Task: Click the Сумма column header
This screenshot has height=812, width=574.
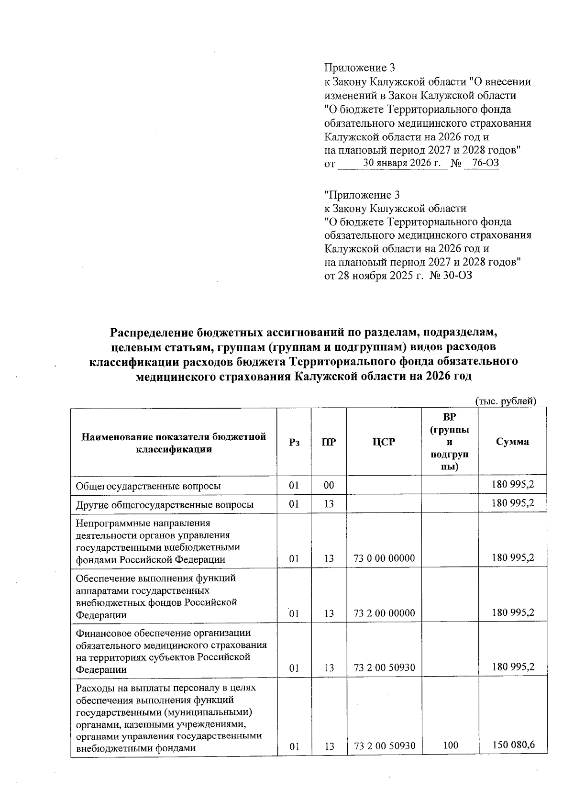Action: click(x=512, y=442)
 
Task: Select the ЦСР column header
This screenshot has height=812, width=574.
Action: click(x=384, y=442)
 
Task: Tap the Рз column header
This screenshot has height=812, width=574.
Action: click(x=294, y=442)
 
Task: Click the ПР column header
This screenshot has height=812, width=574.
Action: click(x=328, y=442)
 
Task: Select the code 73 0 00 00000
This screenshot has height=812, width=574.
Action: click(x=384, y=558)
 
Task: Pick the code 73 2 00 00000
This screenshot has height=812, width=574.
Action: click(x=384, y=613)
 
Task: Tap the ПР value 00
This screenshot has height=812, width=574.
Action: click(x=328, y=486)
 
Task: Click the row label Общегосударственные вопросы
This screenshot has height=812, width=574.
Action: click(x=148, y=486)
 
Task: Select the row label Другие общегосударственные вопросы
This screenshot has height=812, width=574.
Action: click(x=165, y=504)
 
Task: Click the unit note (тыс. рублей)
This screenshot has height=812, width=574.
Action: click(x=505, y=401)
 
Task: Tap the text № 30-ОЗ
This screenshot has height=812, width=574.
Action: click(x=452, y=276)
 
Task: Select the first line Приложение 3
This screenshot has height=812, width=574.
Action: click(x=359, y=68)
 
